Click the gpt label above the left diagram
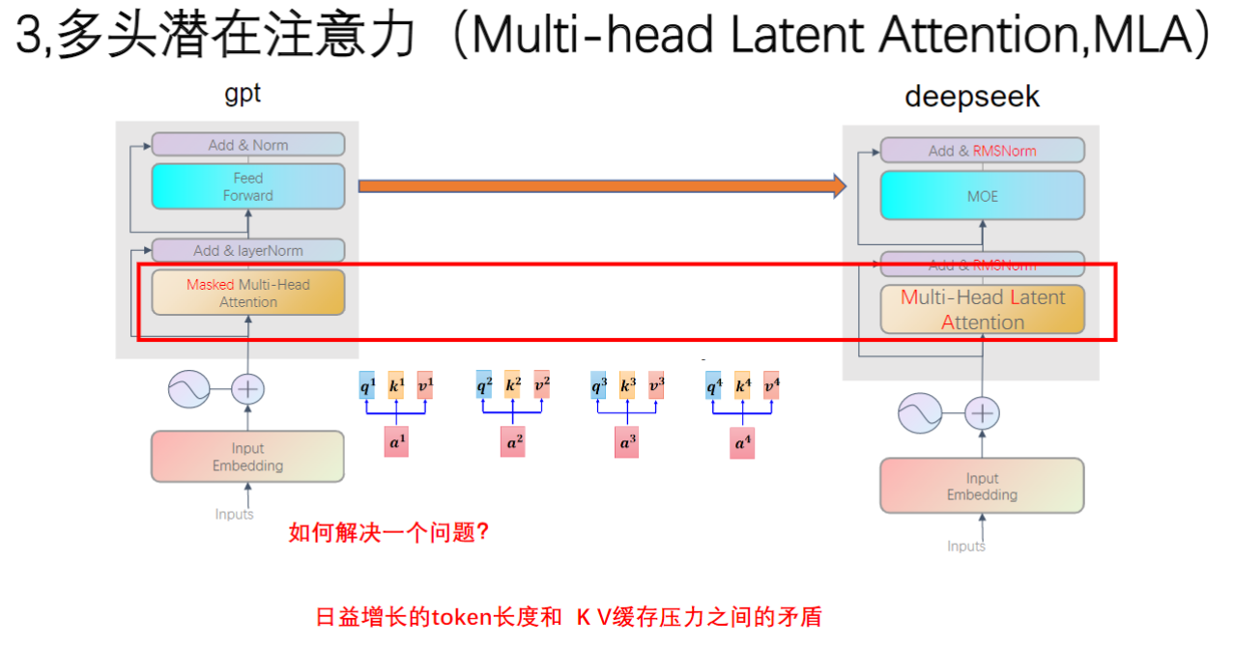click(x=243, y=93)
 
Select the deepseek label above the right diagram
click(x=972, y=97)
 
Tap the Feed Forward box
click(x=247, y=186)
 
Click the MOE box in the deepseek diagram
click(x=982, y=196)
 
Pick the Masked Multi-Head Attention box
click(x=247, y=293)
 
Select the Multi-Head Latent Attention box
click(x=982, y=309)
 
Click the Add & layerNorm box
click(x=247, y=250)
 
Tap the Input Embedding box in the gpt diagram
click(x=247, y=457)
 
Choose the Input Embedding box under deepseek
click(x=982, y=486)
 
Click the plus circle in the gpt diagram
click(x=248, y=389)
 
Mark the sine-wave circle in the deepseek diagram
click(x=920, y=414)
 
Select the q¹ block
click(x=367, y=385)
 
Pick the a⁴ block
click(x=742, y=444)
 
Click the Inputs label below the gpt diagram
click(x=234, y=514)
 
